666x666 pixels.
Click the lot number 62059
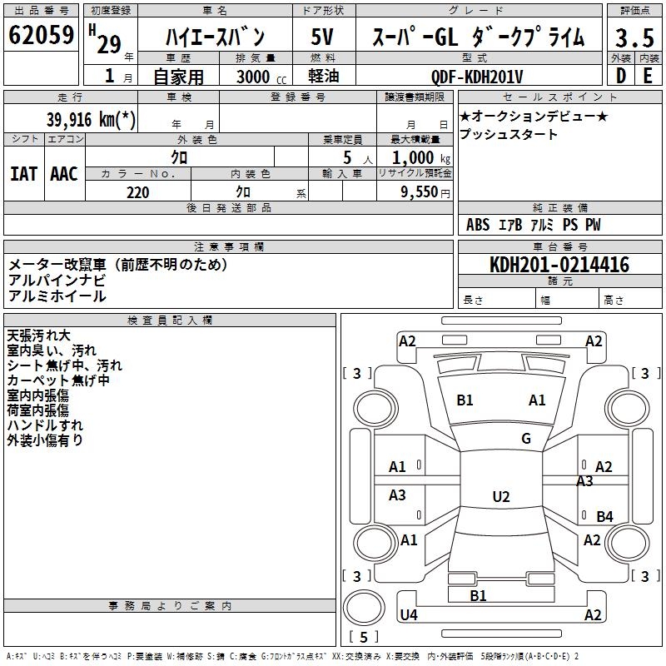[x=41, y=36]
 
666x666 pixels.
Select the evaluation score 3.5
[x=634, y=38]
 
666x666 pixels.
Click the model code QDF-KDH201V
[x=477, y=76]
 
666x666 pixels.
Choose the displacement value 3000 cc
[x=259, y=77]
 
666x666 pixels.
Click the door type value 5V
[x=323, y=37]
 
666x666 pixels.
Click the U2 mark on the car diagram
[x=500, y=497]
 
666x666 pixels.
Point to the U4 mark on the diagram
[x=409, y=615]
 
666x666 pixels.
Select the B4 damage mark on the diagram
[x=604, y=517]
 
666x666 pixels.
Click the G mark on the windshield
[x=525, y=439]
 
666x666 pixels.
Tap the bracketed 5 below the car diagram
[x=364, y=637]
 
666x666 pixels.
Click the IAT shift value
[x=23, y=174]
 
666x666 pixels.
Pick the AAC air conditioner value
[x=64, y=174]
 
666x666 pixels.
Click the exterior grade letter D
[x=620, y=76]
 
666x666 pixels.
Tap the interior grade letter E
[x=648, y=76]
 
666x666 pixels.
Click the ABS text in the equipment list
[x=478, y=225]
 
